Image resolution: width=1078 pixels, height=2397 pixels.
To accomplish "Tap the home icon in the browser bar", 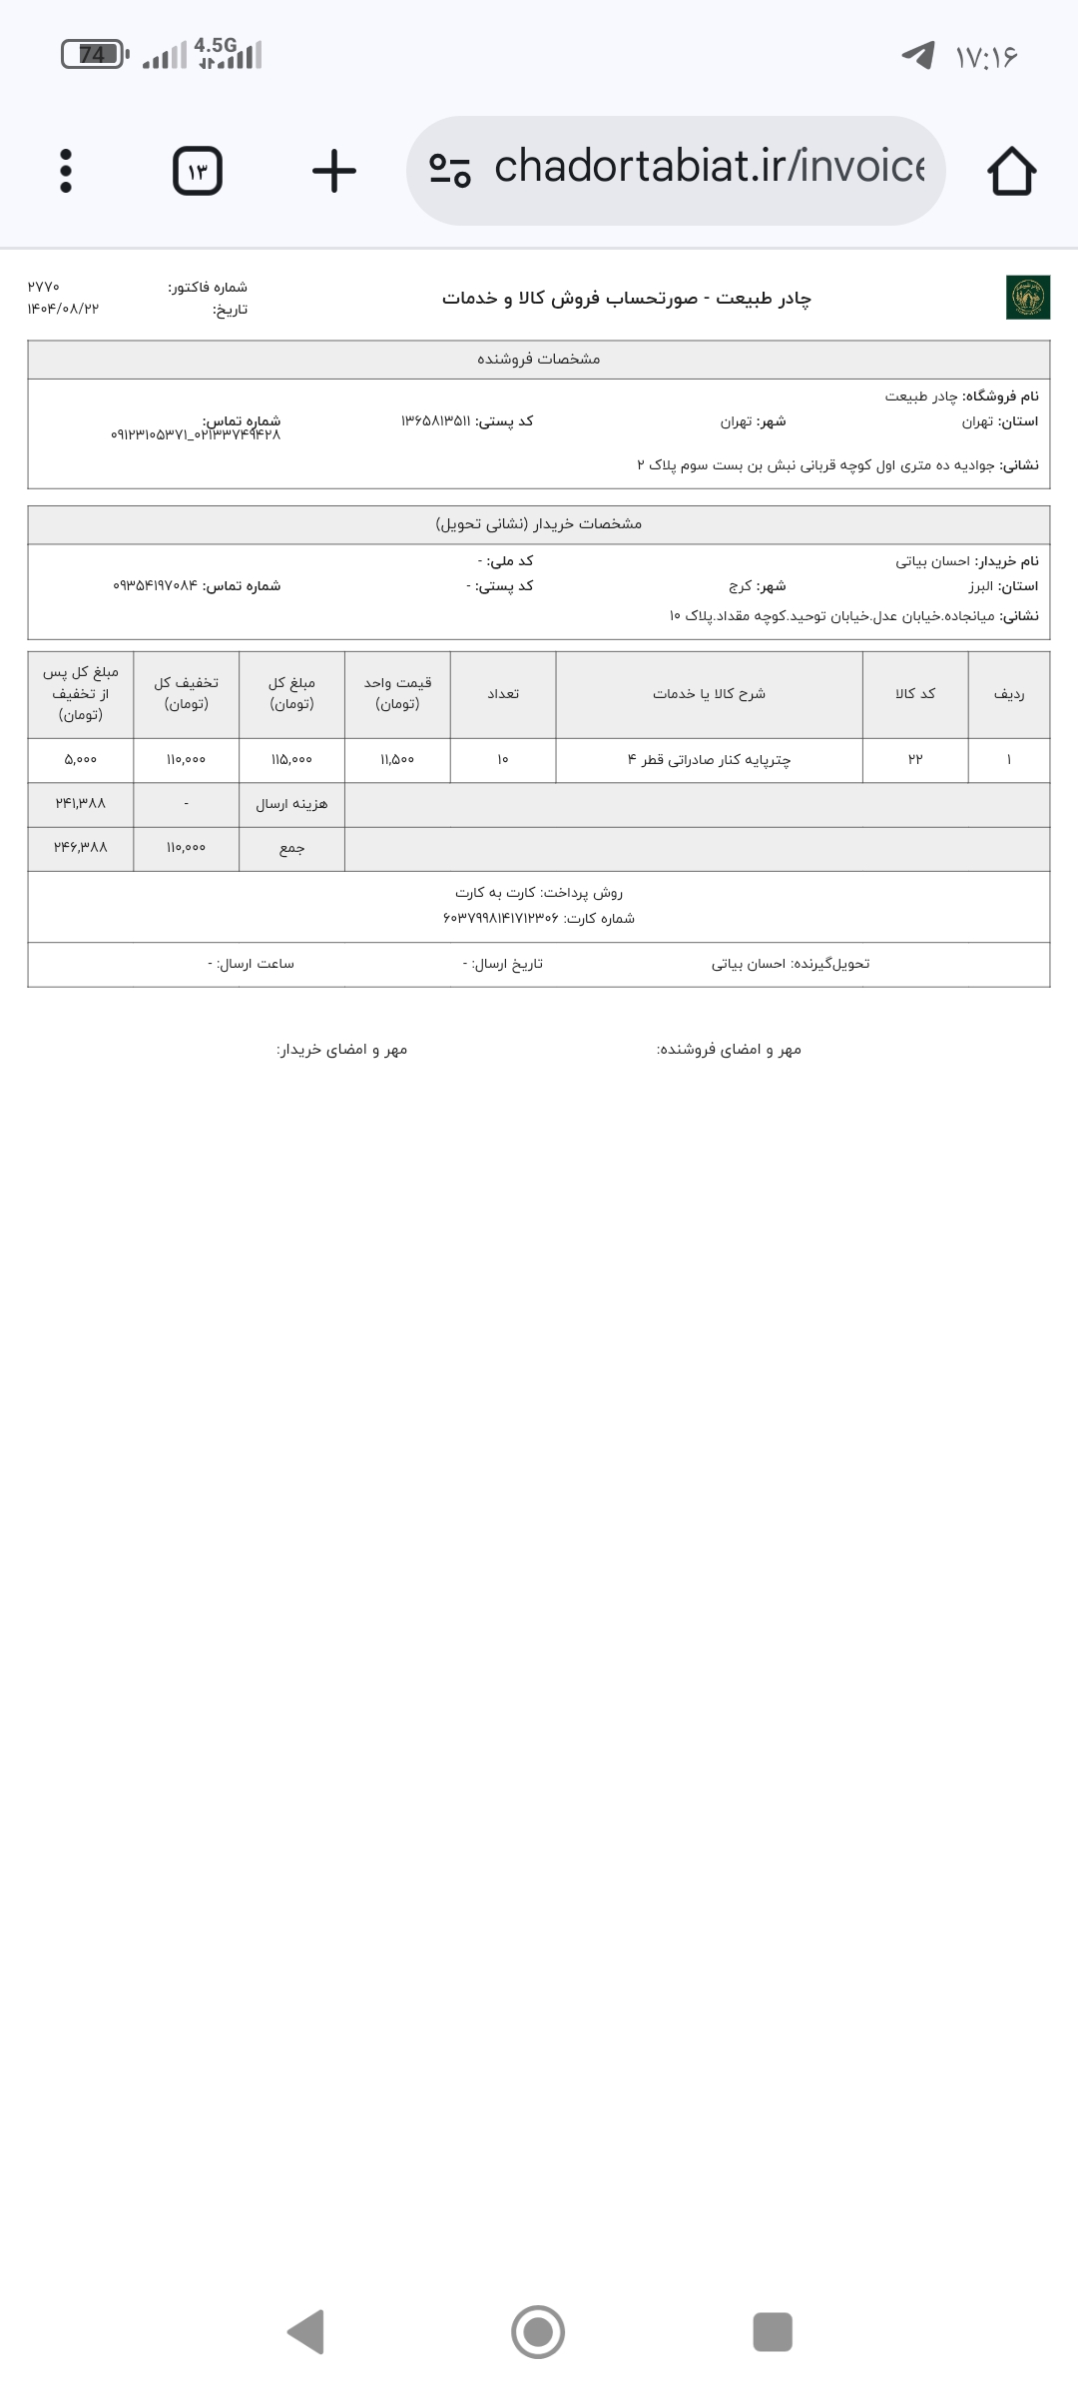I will [x=1011, y=171].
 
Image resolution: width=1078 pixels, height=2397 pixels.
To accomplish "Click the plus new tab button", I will [x=333, y=171].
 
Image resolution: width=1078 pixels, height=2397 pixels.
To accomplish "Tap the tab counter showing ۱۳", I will [x=198, y=171].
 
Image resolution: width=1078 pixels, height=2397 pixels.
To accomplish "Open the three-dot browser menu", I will [x=66, y=171].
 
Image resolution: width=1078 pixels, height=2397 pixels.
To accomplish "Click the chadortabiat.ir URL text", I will [x=709, y=167].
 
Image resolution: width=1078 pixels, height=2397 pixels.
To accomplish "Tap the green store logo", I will [x=1027, y=298].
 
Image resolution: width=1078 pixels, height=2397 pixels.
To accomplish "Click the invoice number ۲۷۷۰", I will [x=44, y=288].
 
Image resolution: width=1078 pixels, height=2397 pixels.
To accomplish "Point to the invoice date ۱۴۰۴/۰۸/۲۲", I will [x=63, y=309].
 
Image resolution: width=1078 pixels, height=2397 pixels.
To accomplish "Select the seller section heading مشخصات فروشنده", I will [x=539, y=359].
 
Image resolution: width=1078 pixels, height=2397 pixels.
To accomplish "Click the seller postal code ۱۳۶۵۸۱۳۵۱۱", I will [x=435, y=421].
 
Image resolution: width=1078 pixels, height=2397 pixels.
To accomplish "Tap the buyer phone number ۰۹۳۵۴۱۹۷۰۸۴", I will [x=156, y=586].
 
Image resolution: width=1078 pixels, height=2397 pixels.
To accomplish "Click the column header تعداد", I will [x=502, y=694].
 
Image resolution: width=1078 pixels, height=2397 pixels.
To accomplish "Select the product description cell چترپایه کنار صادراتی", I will [x=709, y=760].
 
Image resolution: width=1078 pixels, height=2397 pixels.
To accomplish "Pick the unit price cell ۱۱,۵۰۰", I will [x=397, y=760].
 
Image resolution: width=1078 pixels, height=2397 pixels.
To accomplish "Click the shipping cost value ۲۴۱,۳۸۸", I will [x=80, y=803].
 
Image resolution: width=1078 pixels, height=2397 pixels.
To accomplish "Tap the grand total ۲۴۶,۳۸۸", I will [x=80, y=847].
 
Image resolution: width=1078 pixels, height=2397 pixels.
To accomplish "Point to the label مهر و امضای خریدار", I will [x=341, y=1050].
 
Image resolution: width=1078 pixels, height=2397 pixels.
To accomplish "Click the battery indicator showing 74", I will [x=93, y=54].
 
